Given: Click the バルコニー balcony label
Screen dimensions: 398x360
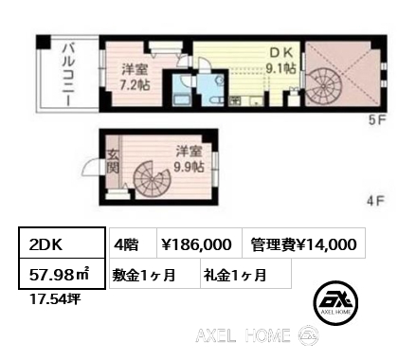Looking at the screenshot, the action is pos(68,75).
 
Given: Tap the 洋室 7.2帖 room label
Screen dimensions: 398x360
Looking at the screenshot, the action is pos(135,77).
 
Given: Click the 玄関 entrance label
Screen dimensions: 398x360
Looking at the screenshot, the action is pos(113,161).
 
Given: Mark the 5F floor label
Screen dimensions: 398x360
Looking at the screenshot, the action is pos(376,120).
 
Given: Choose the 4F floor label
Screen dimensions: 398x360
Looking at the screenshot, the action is pos(375,201).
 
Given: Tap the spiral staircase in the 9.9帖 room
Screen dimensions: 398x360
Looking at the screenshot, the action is pos(152,179).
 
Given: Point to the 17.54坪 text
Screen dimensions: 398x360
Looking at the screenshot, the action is pos(54,298).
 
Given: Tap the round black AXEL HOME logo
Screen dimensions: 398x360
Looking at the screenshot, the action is pos(335,303).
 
